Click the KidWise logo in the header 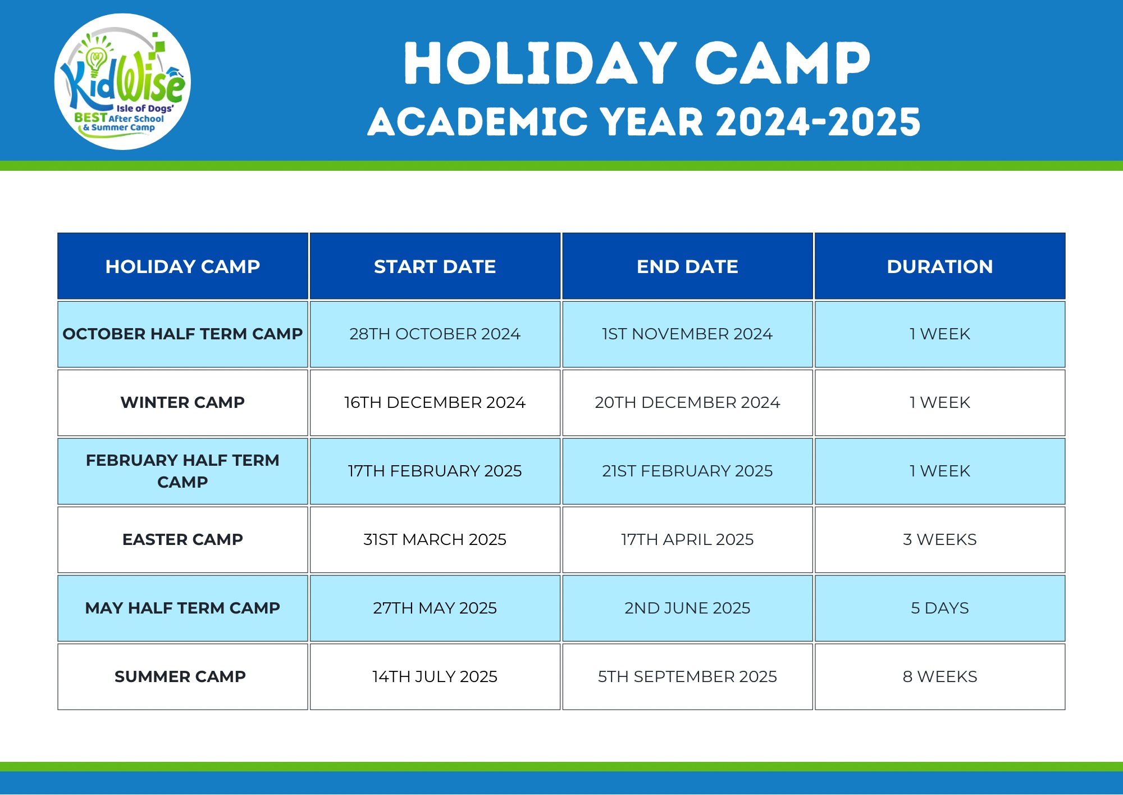click(122, 81)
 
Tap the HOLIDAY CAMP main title click(637, 63)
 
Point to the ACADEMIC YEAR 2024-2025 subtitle click(644, 122)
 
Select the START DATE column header click(435, 266)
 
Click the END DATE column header click(687, 266)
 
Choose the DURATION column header click(940, 266)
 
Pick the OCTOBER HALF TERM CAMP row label click(182, 334)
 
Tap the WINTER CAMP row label click(182, 402)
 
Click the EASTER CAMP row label click(182, 539)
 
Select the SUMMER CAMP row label click(180, 676)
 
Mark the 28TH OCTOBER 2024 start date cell click(435, 334)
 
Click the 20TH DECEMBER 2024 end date click(687, 402)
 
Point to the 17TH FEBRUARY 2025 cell click(435, 471)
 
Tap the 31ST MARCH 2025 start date click(435, 539)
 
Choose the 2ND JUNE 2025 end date click(687, 608)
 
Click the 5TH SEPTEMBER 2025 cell click(687, 676)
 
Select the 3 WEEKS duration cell click(940, 539)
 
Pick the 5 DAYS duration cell click(940, 608)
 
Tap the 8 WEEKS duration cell click(940, 676)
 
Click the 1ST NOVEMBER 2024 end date click(687, 334)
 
